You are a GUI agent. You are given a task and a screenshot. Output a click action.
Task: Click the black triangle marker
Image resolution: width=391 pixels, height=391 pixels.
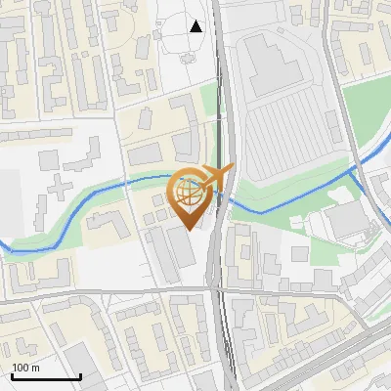coord(196,26)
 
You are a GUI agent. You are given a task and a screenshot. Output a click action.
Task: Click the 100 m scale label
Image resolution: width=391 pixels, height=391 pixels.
coord(25,368)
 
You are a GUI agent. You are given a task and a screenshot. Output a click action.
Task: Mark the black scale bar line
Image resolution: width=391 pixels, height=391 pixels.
coord(46,376)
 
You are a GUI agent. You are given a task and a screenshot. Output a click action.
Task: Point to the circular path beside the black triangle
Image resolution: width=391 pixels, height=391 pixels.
coord(182,39)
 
